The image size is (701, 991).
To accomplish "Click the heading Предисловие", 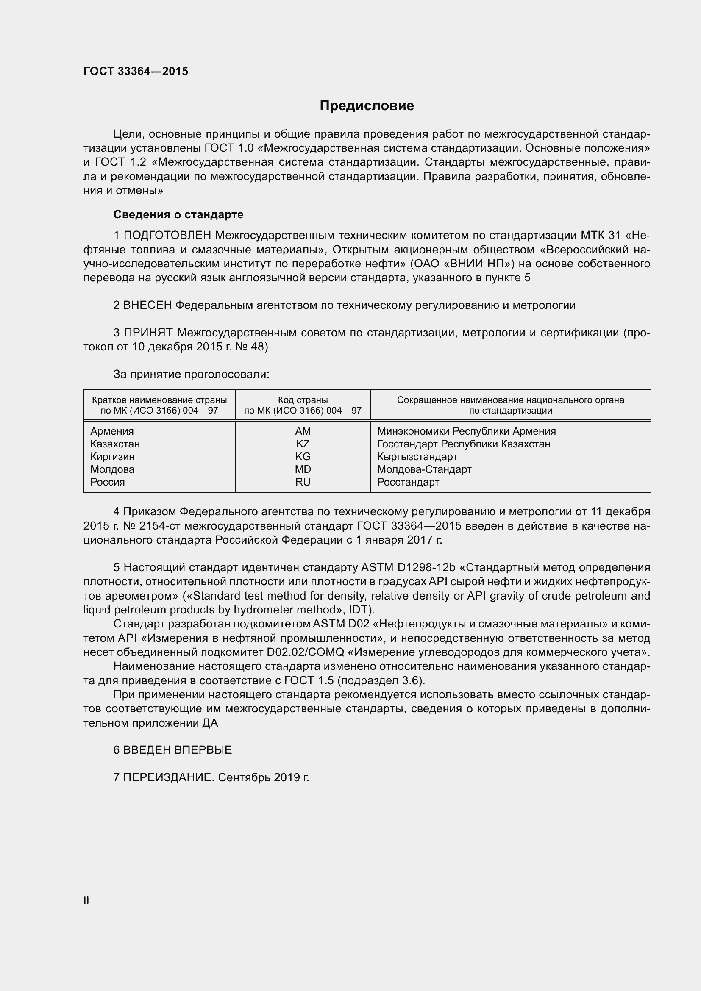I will click(367, 106).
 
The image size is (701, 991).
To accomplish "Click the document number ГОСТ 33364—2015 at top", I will click(136, 71).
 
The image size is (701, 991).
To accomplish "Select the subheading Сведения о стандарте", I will click(178, 214).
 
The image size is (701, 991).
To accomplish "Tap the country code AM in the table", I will click(303, 431).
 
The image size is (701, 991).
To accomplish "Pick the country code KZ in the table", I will click(303, 444).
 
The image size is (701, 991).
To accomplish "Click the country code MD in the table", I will click(303, 469).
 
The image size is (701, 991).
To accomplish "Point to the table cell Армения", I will click(112, 431).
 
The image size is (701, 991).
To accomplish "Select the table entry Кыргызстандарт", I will click(417, 457).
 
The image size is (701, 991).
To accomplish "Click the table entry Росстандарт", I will click(408, 482).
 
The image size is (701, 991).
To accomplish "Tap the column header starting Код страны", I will click(303, 405).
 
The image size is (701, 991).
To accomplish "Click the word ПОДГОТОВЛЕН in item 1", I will click(167, 235).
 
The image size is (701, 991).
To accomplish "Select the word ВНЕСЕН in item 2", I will click(148, 305).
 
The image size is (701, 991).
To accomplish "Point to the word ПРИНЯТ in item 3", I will click(148, 333).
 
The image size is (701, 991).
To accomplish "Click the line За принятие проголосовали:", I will click(191, 374).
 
